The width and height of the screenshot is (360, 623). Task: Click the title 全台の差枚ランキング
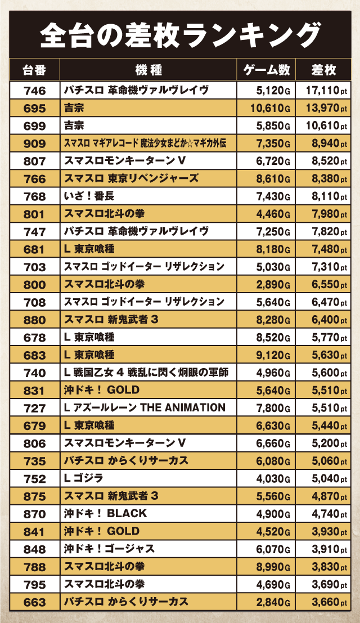180,35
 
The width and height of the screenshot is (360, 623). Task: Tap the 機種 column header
148,70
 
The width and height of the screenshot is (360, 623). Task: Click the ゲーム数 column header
266,70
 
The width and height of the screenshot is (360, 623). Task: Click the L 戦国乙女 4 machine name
146,373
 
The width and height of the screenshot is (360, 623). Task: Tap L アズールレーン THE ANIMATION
145,407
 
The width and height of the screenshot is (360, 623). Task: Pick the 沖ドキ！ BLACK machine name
105,513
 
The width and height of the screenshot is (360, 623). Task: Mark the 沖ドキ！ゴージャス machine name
109,549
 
